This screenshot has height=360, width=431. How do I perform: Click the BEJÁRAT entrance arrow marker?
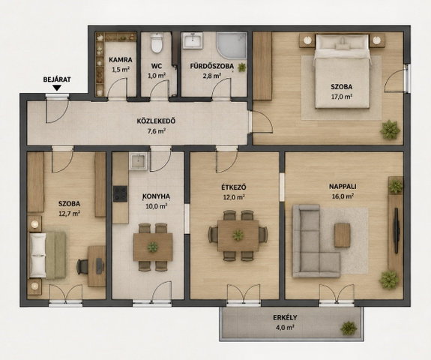57,88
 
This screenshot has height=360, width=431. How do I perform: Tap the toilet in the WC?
157,43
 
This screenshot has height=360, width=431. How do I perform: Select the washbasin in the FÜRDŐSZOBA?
193,40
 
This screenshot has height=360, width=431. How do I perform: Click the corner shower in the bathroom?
232,46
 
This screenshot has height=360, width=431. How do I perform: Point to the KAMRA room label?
121,60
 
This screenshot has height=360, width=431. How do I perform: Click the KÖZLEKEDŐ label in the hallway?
156,121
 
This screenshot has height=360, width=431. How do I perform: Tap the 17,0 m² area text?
342,97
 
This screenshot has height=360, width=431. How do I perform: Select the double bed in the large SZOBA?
342,71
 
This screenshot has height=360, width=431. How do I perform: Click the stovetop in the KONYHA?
121,194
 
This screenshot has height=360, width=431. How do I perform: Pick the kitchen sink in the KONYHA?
138,161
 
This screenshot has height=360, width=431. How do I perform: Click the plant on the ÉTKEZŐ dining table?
238,235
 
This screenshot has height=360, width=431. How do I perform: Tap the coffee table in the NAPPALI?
343,235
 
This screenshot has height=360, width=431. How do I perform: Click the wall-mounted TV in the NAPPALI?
396,230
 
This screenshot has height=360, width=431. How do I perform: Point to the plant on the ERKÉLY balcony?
349,328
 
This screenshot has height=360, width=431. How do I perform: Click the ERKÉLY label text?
285,318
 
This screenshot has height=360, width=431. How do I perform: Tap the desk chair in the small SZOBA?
82,266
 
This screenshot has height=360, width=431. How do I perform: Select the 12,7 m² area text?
69,214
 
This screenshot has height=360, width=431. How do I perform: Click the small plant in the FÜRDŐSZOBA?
242,67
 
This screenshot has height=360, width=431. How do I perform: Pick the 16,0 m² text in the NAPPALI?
343,196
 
